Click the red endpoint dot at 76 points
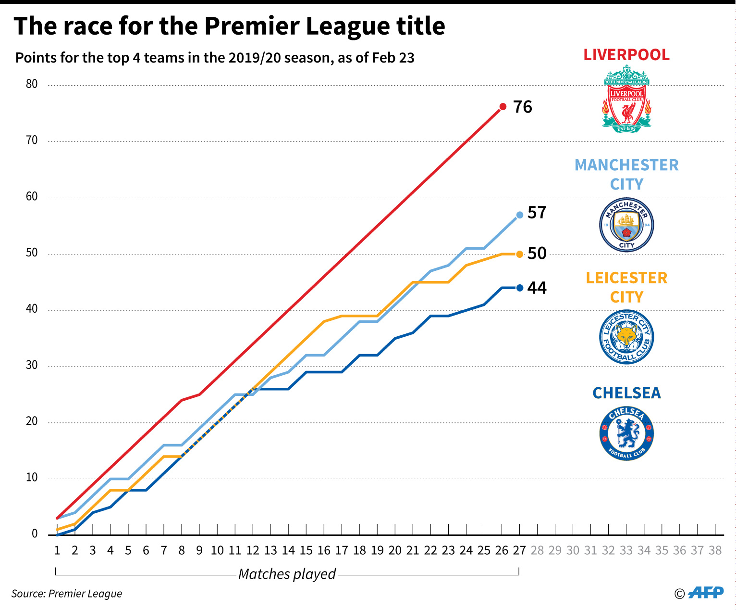point(503,107)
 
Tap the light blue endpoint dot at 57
point(519,215)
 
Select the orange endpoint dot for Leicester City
point(519,254)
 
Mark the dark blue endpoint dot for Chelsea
point(519,288)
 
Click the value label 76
point(523,107)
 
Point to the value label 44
point(537,288)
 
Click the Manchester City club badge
point(626,225)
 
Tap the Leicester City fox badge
point(626,337)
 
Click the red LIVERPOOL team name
point(626,55)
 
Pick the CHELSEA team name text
point(626,393)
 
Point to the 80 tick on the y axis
point(32,84)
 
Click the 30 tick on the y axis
point(32,365)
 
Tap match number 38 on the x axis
point(715,550)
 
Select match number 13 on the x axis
point(270,550)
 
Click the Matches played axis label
point(287,574)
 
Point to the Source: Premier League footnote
point(67,594)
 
